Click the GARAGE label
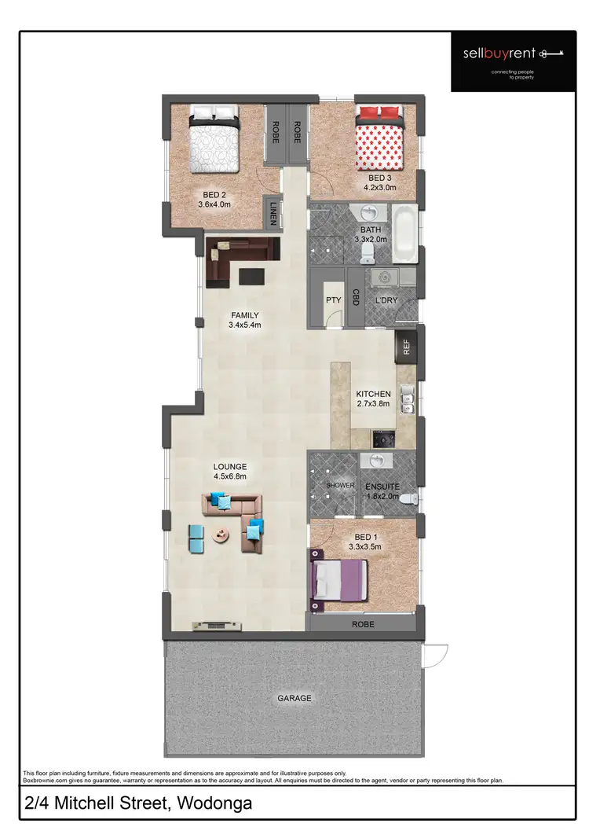point(294,698)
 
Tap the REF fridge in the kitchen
point(407,347)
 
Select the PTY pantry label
point(333,299)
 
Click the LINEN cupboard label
point(273,213)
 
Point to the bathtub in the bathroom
point(405,233)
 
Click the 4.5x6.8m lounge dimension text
point(229,476)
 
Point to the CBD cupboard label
point(356,297)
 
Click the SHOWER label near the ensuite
point(340,485)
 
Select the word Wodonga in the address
point(214,805)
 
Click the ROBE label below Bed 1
point(363,625)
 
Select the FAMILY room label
point(244,315)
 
